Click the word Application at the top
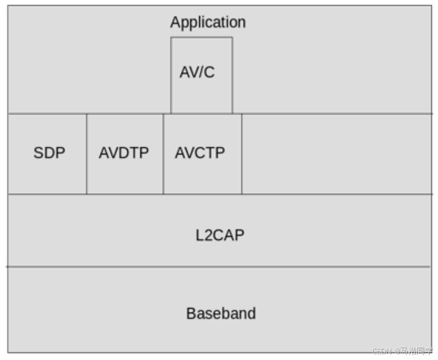pyautogui.click(x=208, y=22)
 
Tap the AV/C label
pyautogui.click(x=197, y=72)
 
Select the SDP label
pyautogui.click(x=49, y=153)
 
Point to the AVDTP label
pyautogui.click(x=124, y=153)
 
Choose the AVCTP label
pyautogui.click(x=200, y=153)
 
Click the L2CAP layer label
pyautogui.click(x=220, y=235)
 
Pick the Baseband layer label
pyautogui.click(x=221, y=313)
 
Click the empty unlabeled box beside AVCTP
pyautogui.click(x=336, y=154)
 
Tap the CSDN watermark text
pyautogui.click(x=402, y=351)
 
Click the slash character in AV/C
pyautogui.click(x=199, y=72)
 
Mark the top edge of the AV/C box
pyautogui.click(x=201, y=37)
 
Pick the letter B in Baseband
pyautogui.click(x=191, y=313)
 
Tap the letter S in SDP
pyautogui.click(x=37, y=153)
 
